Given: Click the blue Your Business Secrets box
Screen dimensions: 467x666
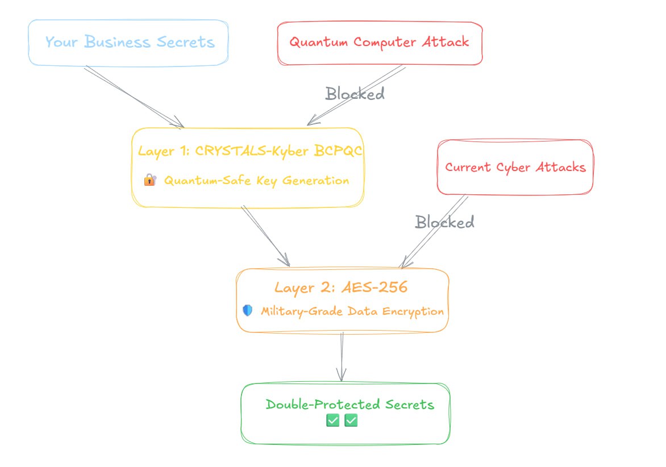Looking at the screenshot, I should click(129, 43).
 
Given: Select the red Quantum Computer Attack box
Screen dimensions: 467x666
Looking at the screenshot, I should click(379, 43).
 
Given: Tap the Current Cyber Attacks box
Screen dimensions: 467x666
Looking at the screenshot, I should click(515, 167).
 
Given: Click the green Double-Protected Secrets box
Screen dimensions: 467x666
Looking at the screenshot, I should click(346, 414).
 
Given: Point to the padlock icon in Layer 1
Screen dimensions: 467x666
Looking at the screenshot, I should click(149, 181).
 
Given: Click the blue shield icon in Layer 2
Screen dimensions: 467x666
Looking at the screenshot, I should click(247, 311).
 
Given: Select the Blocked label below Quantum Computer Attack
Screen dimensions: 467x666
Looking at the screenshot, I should click(355, 93).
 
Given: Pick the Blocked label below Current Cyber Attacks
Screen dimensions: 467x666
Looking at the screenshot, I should click(444, 222).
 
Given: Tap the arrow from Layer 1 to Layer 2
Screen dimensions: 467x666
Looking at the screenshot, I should click(265, 236).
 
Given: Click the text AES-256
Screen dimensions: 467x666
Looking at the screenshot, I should click(374, 287).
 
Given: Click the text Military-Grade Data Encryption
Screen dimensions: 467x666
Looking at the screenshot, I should click(352, 311).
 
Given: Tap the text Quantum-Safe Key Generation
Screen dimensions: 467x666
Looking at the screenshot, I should click(256, 181).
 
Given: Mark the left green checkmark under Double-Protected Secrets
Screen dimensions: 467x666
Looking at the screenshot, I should click(332, 420).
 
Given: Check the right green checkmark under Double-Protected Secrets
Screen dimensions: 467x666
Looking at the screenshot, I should click(351, 420).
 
